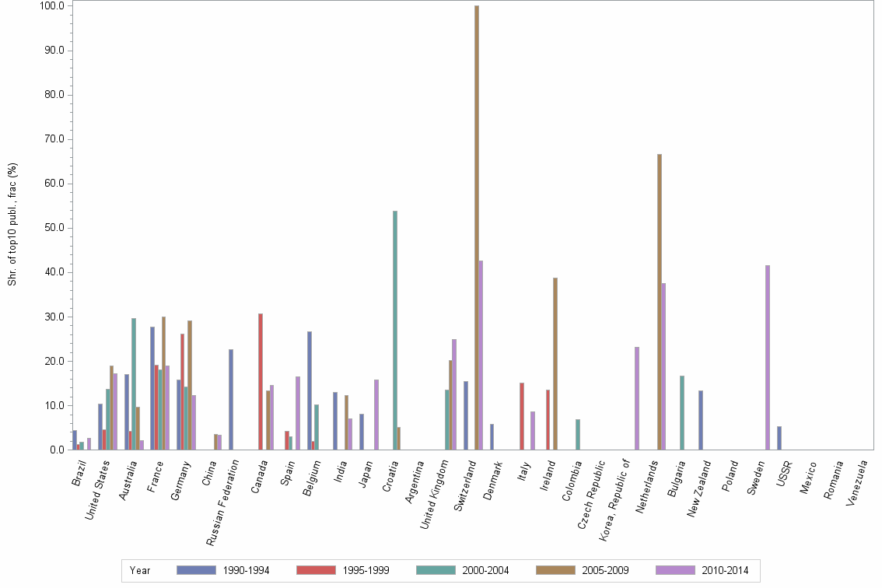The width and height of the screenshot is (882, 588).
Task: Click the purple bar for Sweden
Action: coord(768,358)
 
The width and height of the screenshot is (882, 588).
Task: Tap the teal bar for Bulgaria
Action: coord(682,412)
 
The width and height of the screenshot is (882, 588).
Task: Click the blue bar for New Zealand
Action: coord(701,420)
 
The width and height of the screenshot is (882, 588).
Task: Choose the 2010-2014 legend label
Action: coord(725,570)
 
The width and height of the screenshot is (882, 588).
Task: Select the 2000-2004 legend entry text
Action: coord(485,570)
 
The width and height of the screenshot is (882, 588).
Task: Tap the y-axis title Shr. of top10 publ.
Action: coord(12,226)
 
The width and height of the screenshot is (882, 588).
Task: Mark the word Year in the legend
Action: coord(140,570)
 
